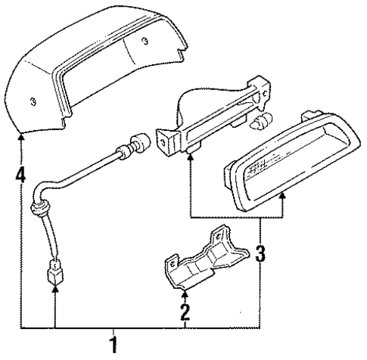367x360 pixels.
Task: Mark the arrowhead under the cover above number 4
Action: point(20,138)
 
